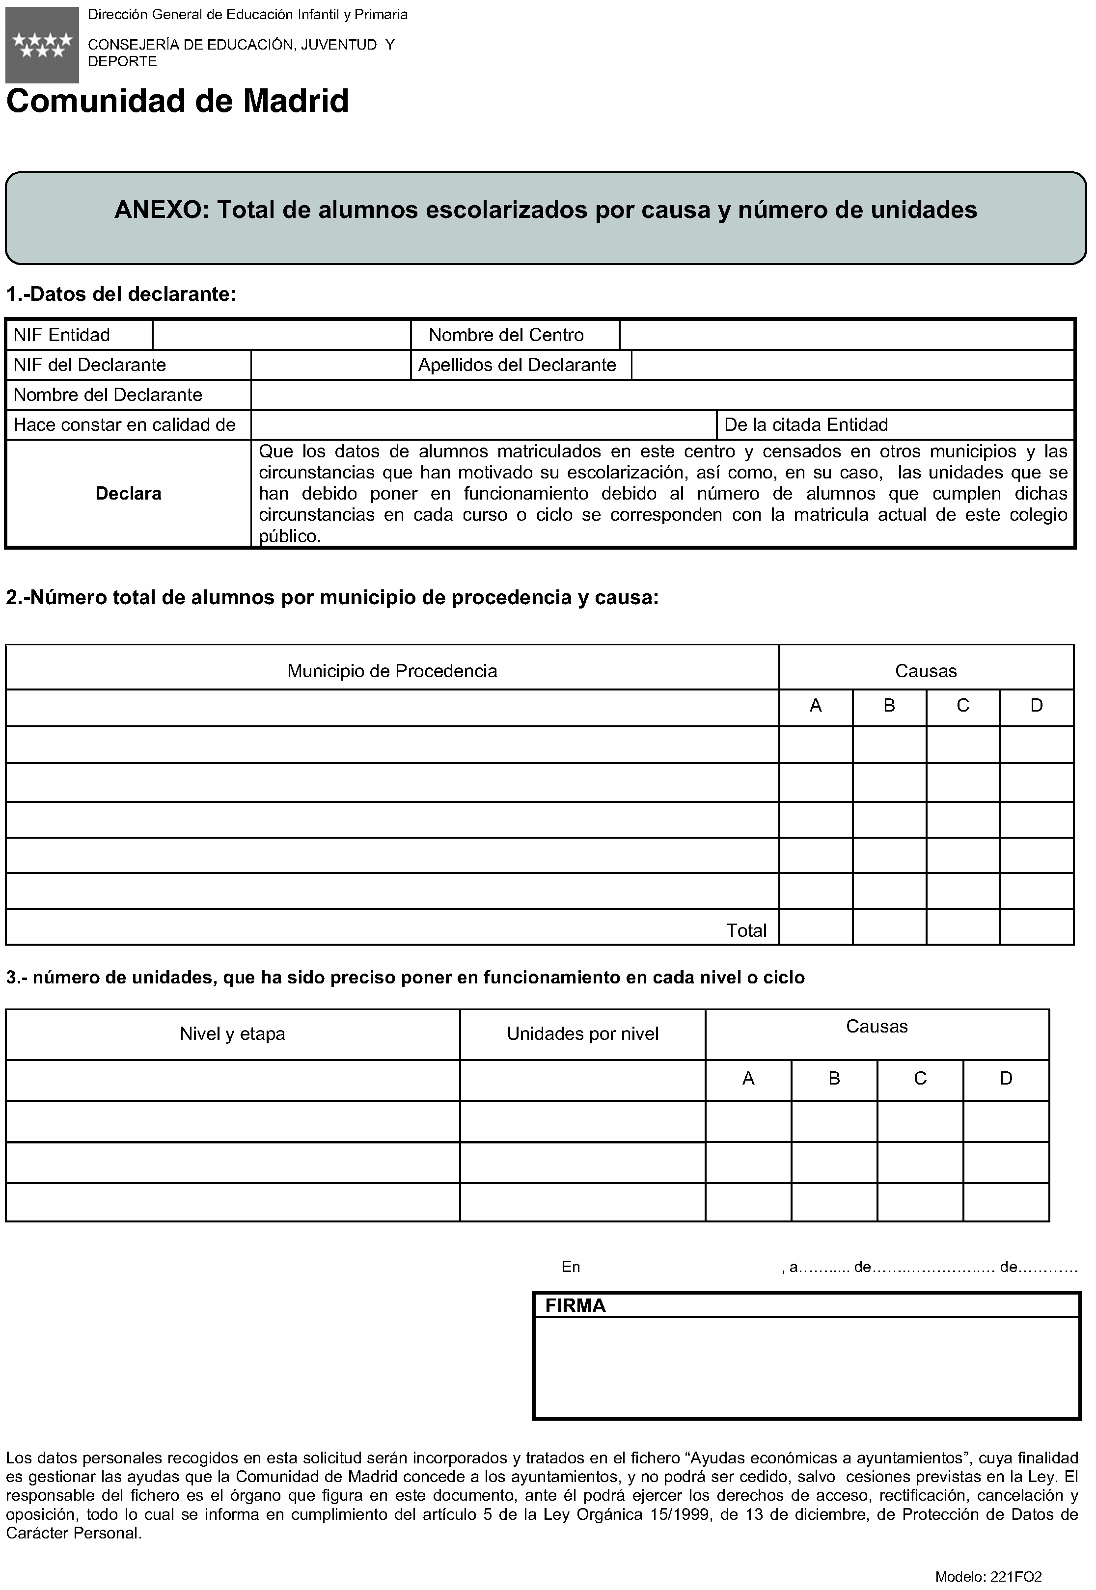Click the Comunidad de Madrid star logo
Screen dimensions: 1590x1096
pyautogui.click(x=42, y=45)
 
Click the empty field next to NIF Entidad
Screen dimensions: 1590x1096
pyautogui.click(x=281, y=335)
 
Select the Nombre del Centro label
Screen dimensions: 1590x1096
pyautogui.click(x=506, y=335)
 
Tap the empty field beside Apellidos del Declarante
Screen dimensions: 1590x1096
pyautogui.click(x=852, y=365)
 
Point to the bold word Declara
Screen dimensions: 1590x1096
pyautogui.click(x=129, y=493)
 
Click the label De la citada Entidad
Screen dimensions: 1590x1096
pyautogui.click(x=806, y=425)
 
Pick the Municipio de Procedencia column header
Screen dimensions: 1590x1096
pyautogui.click(x=392, y=670)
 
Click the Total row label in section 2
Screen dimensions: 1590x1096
pyautogui.click(x=746, y=930)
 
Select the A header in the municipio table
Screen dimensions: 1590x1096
pyautogui.click(x=816, y=706)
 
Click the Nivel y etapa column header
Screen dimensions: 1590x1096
pyautogui.click(x=232, y=1034)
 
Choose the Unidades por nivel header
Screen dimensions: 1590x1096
pyautogui.click(x=582, y=1034)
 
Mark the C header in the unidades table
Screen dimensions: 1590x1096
pyautogui.click(x=920, y=1079)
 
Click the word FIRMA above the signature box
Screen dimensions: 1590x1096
pyautogui.click(x=575, y=1306)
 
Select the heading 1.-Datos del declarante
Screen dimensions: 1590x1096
pyautogui.click(x=121, y=294)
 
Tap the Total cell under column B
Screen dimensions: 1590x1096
pyautogui.click(x=889, y=927)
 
